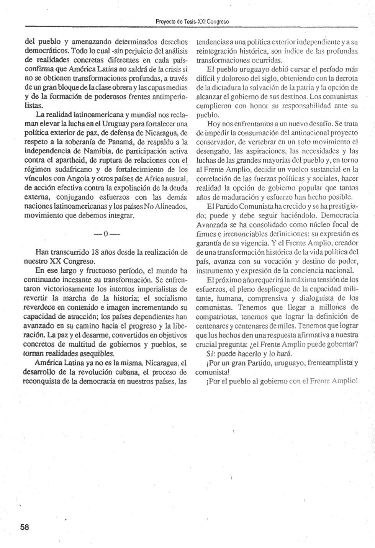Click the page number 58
tap(25, 527)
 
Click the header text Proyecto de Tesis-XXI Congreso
tap(192, 21)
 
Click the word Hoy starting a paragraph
tap(213, 124)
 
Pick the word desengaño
tap(211, 151)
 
